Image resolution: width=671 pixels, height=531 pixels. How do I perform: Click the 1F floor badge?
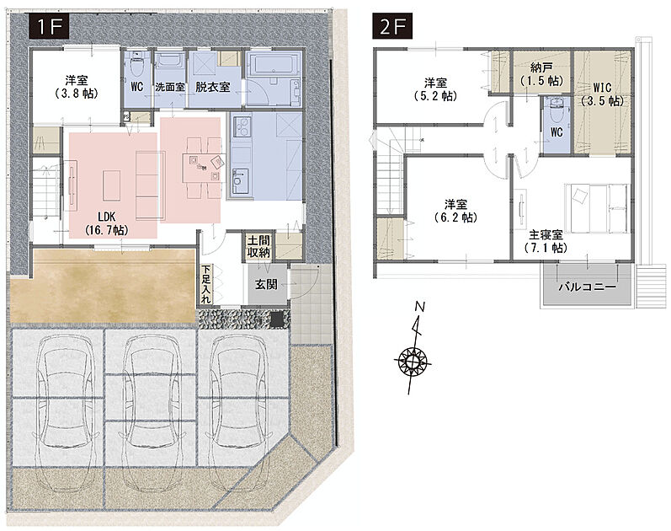click(x=49, y=27)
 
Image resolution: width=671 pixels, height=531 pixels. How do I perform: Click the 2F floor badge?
click(x=392, y=27)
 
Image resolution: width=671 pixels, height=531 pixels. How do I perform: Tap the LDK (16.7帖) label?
click(x=107, y=223)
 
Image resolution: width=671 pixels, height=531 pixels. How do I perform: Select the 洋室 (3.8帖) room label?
click(x=77, y=87)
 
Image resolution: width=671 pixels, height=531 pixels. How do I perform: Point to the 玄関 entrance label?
click(x=266, y=285)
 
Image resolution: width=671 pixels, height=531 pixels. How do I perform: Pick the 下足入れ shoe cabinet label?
click(x=206, y=284)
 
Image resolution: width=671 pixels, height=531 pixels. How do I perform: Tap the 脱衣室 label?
click(x=213, y=87)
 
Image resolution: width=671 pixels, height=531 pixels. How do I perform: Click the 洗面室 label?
click(x=170, y=87)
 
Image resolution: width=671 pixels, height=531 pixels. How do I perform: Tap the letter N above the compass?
click(x=420, y=307)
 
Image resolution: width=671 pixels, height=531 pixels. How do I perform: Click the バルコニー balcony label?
click(x=587, y=287)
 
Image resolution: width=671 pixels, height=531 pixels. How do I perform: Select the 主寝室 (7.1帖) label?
click(x=546, y=241)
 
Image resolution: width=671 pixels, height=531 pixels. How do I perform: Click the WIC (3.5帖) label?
click(x=602, y=94)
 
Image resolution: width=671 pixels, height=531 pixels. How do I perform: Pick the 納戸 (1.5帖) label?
click(x=541, y=73)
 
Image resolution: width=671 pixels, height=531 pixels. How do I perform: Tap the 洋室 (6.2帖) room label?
click(x=455, y=211)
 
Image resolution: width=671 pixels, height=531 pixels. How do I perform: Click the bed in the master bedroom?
click(x=597, y=208)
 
